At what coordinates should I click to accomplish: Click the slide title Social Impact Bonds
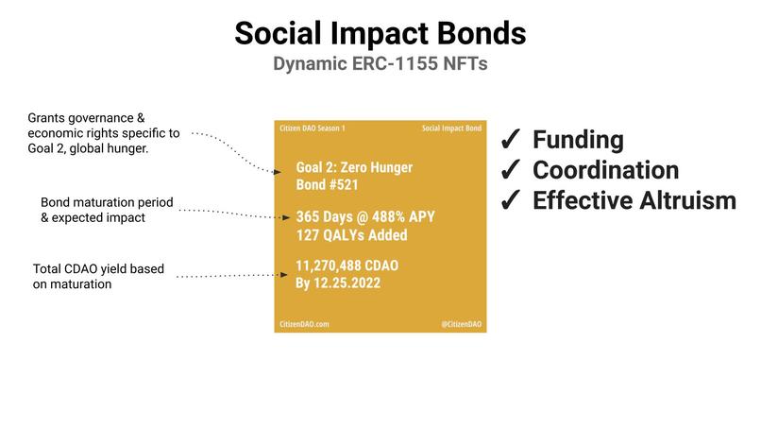pyautogui.click(x=380, y=34)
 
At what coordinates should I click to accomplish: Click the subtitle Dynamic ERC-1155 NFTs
pyautogui.click(x=380, y=65)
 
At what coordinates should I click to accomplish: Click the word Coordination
pyautogui.click(x=605, y=170)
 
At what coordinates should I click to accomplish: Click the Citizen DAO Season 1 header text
pyautogui.click(x=313, y=128)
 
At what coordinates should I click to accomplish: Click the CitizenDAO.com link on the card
pyautogui.click(x=304, y=323)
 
